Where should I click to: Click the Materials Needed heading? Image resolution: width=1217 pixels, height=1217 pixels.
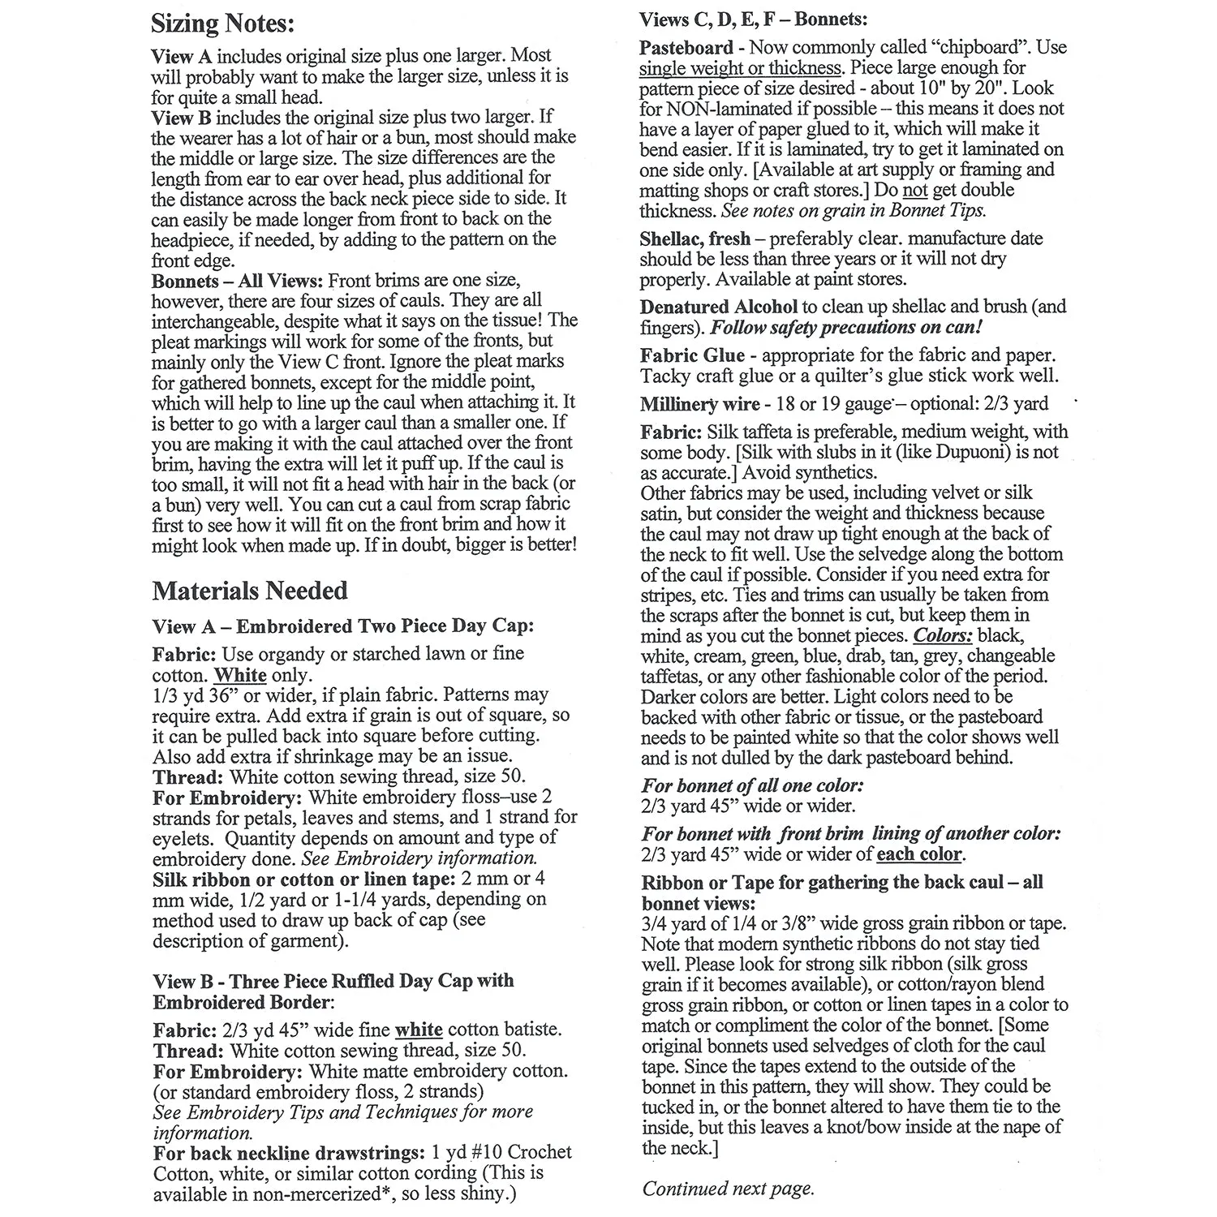click(x=250, y=591)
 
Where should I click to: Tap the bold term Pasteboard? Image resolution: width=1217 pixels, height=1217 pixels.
click(x=686, y=48)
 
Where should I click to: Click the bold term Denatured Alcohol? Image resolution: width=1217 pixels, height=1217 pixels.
click(x=718, y=307)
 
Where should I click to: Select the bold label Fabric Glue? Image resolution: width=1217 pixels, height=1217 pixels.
click(x=691, y=355)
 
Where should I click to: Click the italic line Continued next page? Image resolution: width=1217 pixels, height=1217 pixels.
click(x=728, y=1189)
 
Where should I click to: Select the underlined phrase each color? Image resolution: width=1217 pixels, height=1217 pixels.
click(x=919, y=854)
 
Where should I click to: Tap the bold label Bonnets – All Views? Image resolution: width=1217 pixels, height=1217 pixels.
click(x=238, y=281)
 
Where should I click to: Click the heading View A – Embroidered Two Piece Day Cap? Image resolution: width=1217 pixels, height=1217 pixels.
click(x=343, y=626)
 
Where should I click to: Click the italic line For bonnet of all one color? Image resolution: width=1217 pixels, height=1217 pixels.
click(x=752, y=785)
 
